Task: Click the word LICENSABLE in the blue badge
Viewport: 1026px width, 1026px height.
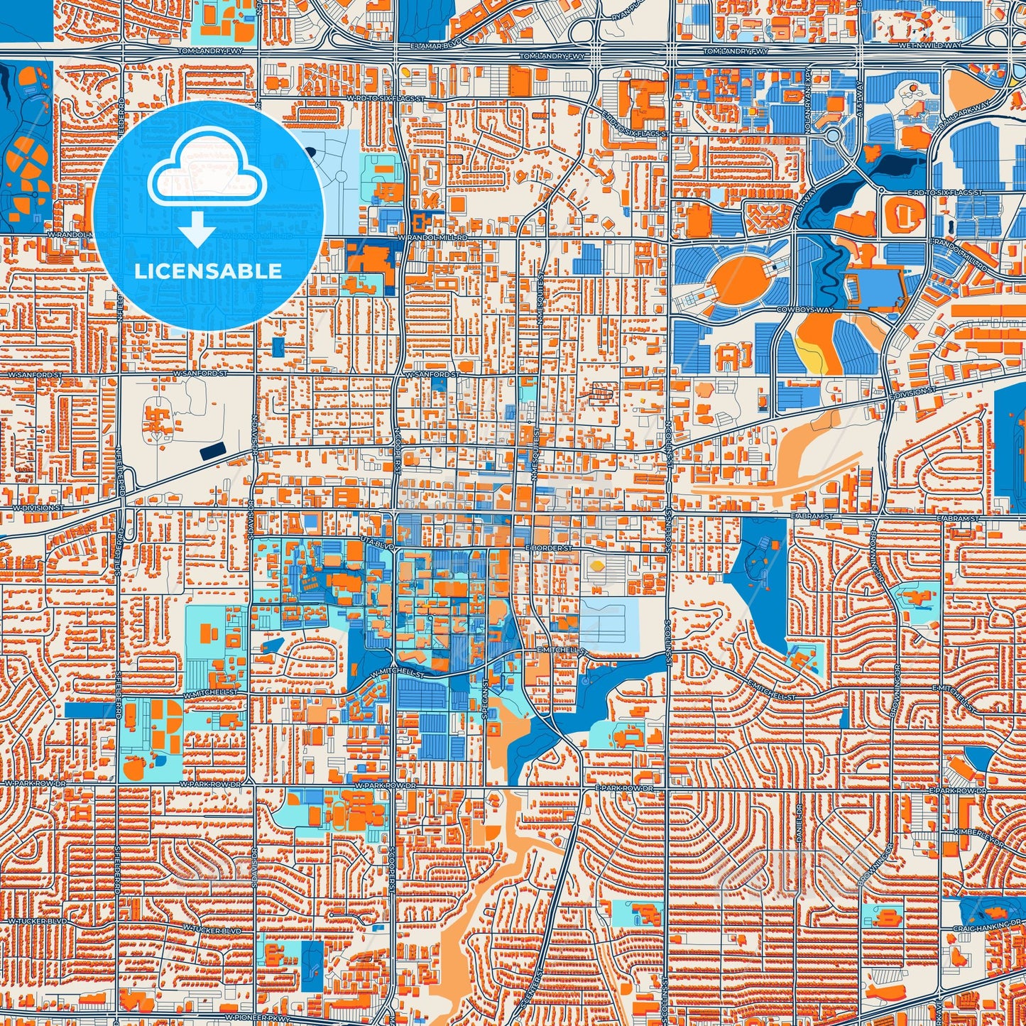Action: click(x=207, y=271)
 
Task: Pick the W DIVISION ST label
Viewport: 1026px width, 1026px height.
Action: click(x=38, y=508)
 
